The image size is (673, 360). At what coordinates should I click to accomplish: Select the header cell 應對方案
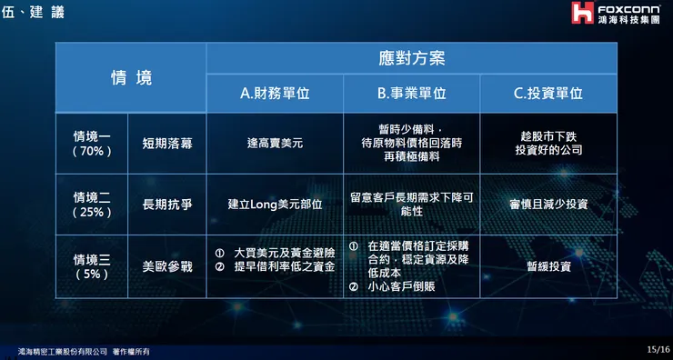point(411,58)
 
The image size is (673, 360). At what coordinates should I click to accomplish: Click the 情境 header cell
point(131,77)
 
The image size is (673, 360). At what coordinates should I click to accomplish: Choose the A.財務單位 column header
point(275,93)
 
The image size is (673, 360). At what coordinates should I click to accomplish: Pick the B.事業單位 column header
point(411,93)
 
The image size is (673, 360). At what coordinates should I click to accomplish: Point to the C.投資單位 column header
point(548,93)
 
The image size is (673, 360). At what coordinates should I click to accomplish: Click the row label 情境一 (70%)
point(92,143)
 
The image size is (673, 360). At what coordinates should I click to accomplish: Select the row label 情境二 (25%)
point(92,205)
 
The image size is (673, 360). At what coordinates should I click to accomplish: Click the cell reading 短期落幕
point(167,143)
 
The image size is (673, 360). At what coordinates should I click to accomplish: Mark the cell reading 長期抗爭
point(167,205)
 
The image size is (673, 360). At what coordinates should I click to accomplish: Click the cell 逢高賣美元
point(275,143)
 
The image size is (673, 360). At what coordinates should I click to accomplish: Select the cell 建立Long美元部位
point(275,205)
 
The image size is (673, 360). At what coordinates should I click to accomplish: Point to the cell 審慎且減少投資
point(548,205)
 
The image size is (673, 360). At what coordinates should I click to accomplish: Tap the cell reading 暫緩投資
point(548,266)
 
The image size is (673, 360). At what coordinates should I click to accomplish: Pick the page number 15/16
point(658,348)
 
